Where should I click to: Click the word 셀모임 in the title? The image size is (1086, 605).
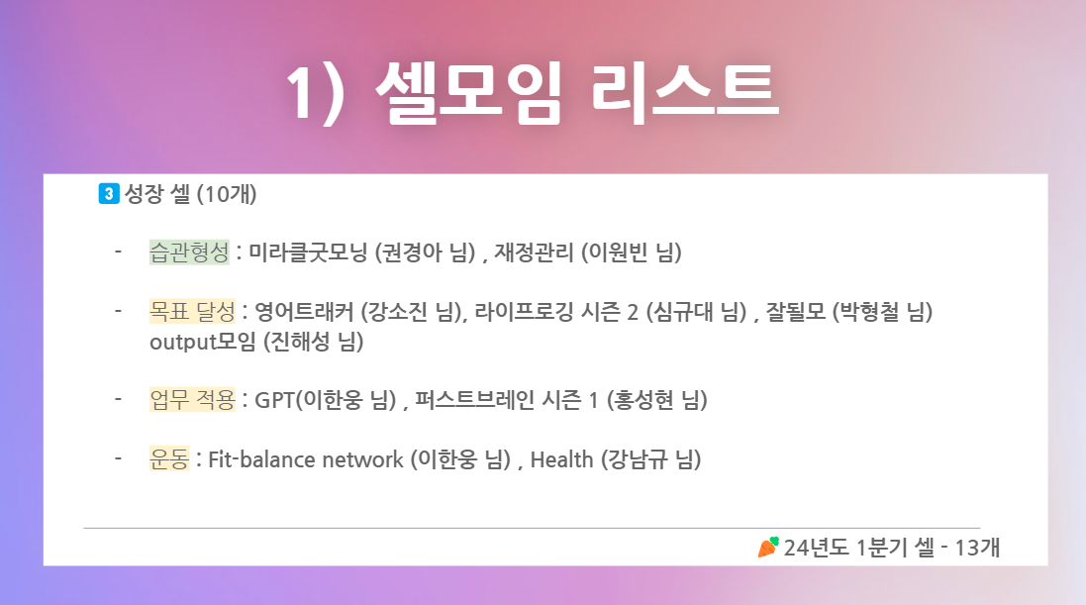point(467,92)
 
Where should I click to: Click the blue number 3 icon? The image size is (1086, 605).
point(109,193)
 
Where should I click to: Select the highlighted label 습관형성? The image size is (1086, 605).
point(189,252)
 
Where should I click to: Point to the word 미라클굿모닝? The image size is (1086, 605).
point(308,252)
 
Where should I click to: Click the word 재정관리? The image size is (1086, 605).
point(534,252)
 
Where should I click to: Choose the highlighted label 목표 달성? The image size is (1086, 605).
point(192,312)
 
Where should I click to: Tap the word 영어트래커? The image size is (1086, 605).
point(304,312)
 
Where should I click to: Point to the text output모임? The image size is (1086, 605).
point(203,342)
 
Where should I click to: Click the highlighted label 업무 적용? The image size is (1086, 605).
point(192,400)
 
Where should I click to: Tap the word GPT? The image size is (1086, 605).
point(275,400)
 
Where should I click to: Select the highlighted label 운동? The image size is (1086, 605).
point(169,459)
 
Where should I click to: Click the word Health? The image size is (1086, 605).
point(561,459)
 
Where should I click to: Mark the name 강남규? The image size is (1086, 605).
point(638,459)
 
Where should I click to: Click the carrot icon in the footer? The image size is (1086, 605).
point(768,548)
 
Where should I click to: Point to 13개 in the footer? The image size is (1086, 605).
point(977,548)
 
